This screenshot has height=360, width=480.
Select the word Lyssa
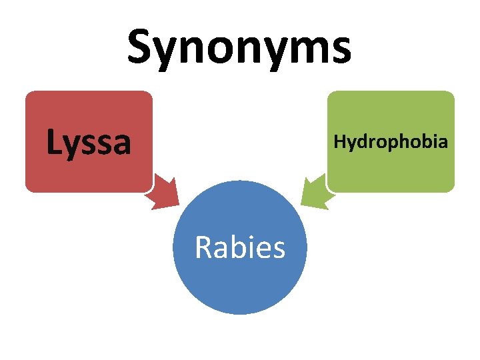(x=89, y=141)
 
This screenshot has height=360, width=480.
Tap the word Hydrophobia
(x=391, y=141)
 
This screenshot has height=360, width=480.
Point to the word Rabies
(x=240, y=248)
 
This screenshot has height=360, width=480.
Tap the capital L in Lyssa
(x=53, y=141)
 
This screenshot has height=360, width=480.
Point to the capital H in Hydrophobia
(x=339, y=141)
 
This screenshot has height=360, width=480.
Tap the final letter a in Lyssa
(x=121, y=145)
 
